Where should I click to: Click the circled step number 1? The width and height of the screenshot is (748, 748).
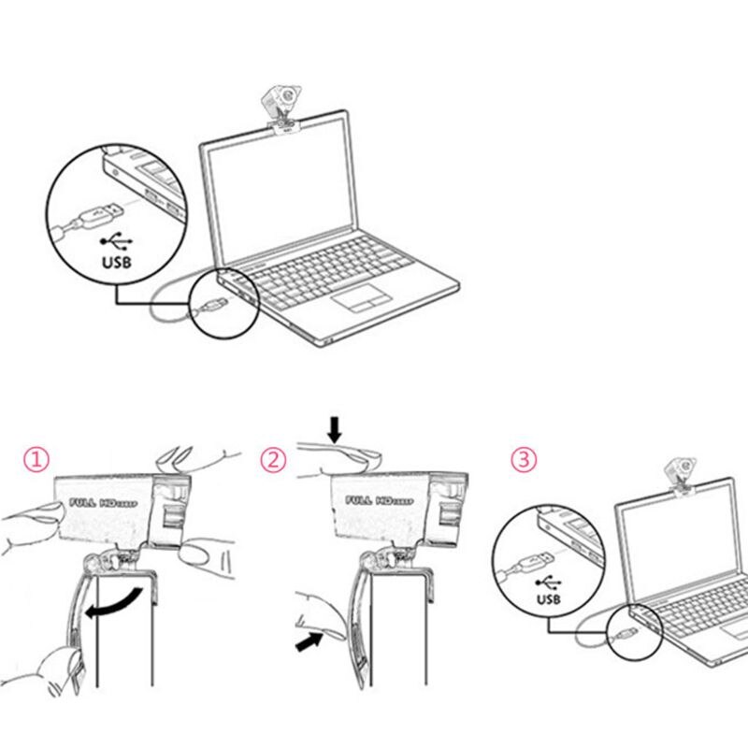pos(36,459)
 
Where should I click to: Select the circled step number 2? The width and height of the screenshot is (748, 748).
pos(273,459)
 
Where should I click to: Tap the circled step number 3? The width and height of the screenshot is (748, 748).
pos(525,459)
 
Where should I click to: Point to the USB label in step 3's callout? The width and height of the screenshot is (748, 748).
pos(547,598)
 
